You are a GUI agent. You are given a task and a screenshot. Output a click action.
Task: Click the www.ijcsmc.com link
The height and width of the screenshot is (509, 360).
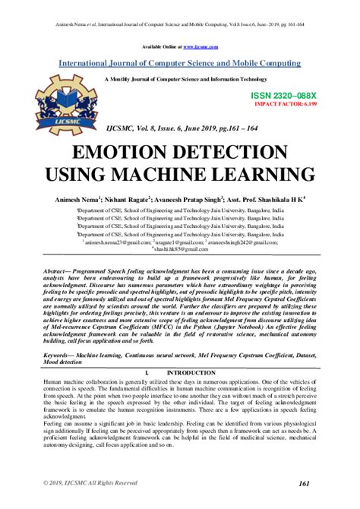click(196, 47)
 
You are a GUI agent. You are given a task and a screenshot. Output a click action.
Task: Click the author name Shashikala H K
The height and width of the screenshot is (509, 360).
click(284, 198)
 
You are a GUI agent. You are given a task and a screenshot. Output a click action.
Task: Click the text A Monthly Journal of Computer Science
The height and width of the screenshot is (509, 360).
click(180, 78)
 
